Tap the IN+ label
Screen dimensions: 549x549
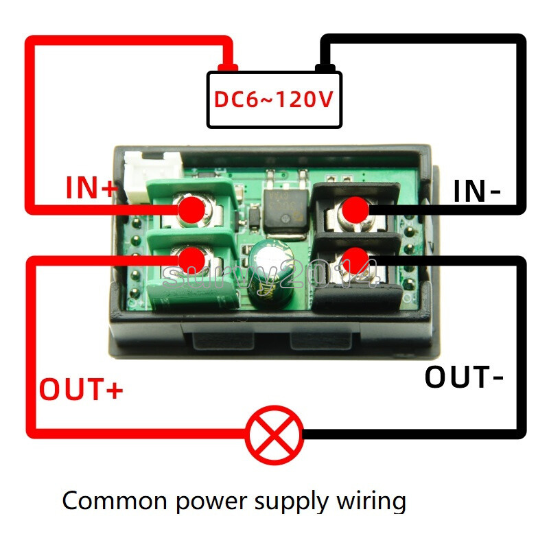[x=92, y=188]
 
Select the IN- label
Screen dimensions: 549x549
[x=476, y=191]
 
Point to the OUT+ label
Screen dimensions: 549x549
[x=81, y=389]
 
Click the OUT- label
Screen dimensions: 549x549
[x=465, y=377]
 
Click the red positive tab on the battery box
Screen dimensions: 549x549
[x=226, y=67]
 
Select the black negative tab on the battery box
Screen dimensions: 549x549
[x=324, y=67]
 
